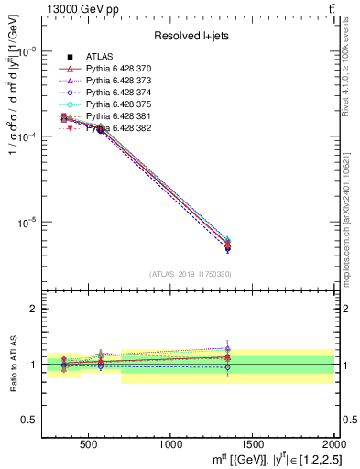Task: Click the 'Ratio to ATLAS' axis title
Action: tap(13, 365)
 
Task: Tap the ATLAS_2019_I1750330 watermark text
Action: tap(191, 274)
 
